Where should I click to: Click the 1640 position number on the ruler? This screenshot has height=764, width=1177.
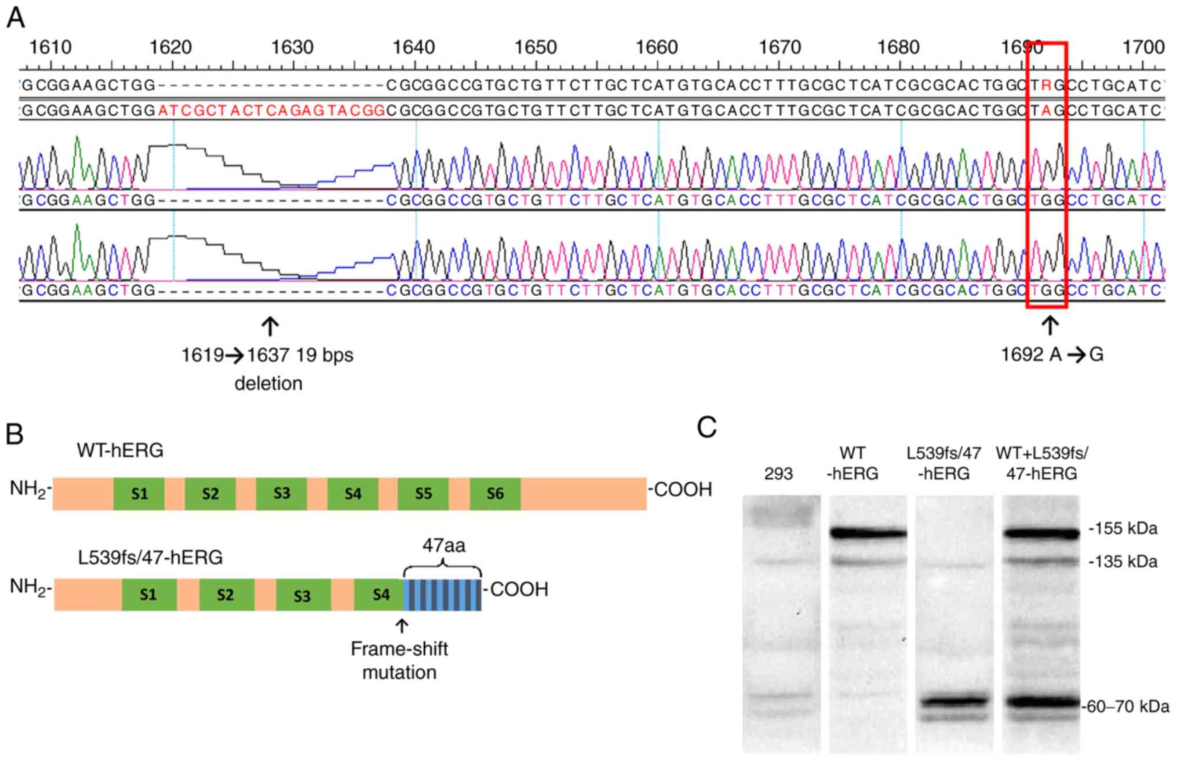click(413, 47)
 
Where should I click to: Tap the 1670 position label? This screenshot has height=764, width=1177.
click(778, 47)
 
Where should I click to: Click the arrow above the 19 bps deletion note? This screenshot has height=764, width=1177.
click(269, 326)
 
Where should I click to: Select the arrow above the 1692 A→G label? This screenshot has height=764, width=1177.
click(1050, 325)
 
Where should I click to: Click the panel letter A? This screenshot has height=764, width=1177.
click(16, 18)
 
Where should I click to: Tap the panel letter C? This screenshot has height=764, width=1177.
click(706, 428)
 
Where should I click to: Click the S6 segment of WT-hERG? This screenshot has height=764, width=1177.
click(495, 494)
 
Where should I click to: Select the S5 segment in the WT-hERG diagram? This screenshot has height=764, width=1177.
click(423, 494)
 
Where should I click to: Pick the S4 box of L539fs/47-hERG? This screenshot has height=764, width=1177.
click(381, 595)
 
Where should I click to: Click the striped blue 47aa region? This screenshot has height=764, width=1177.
click(443, 595)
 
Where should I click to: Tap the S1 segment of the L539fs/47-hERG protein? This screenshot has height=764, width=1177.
click(148, 595)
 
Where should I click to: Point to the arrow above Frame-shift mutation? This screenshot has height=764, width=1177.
click(401, 626)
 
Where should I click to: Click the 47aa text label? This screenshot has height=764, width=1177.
click(443, 545)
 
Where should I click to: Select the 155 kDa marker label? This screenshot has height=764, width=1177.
click(1124, 528)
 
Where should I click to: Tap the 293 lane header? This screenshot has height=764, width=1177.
click(778, 474)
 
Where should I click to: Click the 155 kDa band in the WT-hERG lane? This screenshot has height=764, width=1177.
click(868, 533)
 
